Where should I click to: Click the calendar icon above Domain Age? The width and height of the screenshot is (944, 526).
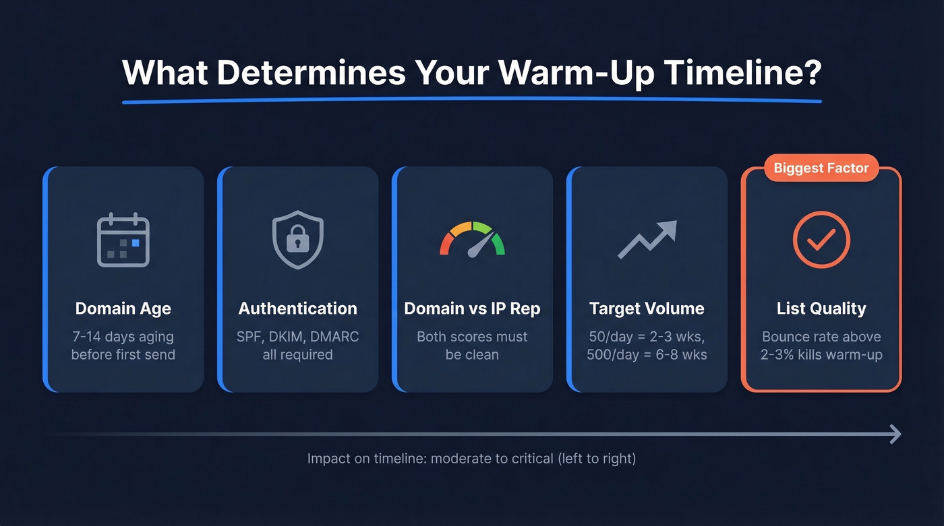[123, 239]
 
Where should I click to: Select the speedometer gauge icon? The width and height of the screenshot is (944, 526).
[472, 240]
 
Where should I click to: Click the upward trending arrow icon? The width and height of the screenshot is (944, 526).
[647, 239]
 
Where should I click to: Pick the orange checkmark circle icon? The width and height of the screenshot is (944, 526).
[821, 240]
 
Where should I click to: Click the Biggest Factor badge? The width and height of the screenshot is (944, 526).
[821, 168]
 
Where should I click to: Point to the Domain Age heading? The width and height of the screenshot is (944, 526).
[123, 308]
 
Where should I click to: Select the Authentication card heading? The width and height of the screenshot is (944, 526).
[297, 308]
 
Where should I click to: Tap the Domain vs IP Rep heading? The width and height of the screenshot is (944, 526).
[472, 308]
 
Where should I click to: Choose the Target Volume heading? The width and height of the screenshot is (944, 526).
[647, 308]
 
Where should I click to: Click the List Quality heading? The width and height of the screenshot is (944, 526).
[821, 308]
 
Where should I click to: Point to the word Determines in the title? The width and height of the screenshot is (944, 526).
[311, 73]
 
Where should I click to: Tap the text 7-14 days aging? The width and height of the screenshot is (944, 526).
[123, 337]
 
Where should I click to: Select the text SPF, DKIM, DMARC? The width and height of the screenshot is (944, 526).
[297, 337]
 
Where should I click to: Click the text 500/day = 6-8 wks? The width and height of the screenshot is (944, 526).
[647, 354]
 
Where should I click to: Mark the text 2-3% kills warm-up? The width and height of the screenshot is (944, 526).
[821, 354]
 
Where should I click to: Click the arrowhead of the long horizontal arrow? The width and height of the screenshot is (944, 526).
[896, 434]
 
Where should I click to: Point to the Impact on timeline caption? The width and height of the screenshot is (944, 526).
[471, 459]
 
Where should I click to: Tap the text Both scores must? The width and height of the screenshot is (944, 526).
[472, 337]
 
